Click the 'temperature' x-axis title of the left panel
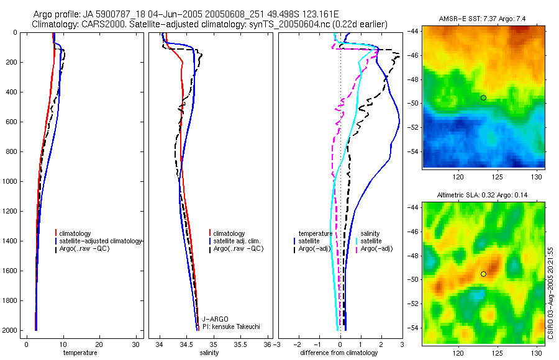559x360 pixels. pyautogui.click(x=80, y=353)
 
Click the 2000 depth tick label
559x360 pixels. pyautogui.click(x=10, y=330)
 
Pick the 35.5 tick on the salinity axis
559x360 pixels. pyautogui.click(x=243, y=345)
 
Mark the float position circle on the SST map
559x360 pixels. pyautogui.click(x=483, y=97)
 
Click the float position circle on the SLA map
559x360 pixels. pyautogui.click(x=483, y=274)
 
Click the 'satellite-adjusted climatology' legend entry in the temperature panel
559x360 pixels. pyautogui.click(x=102, y=241)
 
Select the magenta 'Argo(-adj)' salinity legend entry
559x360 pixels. pyautogui.click(x=376, y=248)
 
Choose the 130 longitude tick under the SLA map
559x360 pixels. pyautogui.click(x=532, y=353)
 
